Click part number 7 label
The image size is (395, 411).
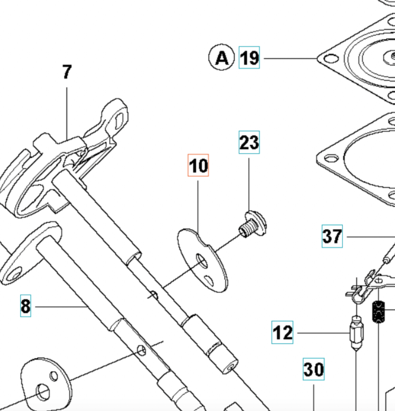click(x=67, y=72)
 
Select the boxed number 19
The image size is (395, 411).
click(x=249, y=58)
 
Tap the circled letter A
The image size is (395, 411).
click(x=222, y=57)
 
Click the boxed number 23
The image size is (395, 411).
click(x=249, y=142)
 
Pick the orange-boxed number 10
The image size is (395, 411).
click(x=198, y=165)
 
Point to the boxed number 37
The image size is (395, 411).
click(x=332, y=236)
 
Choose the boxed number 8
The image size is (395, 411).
click(x=26, y=306)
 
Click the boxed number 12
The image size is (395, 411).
click(x=282, y=332)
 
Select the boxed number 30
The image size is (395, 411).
click(x=314, y=369)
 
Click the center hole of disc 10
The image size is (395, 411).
click(x=203, y=261)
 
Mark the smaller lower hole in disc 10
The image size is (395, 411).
click(x=209, y=280)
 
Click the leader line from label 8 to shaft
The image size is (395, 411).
click(x=59, y=306)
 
